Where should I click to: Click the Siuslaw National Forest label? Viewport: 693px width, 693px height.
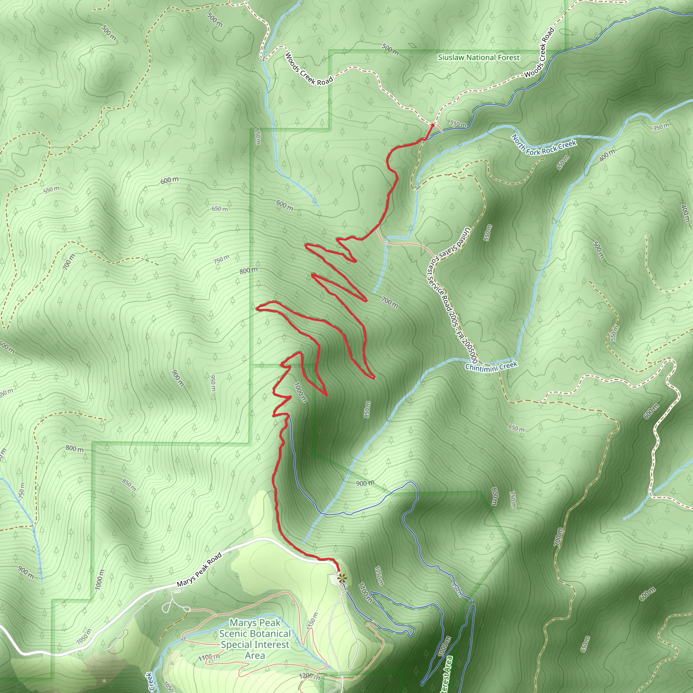478,58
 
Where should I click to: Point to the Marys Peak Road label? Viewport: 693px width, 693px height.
199,570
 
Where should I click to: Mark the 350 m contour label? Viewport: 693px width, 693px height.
661,127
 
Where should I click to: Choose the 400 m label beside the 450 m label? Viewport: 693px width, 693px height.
607,155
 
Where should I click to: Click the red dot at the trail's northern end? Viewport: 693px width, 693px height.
432,125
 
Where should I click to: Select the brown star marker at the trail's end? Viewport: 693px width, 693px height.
342,578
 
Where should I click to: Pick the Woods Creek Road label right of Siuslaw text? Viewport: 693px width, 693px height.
539,53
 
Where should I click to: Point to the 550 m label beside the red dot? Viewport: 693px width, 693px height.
459,124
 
